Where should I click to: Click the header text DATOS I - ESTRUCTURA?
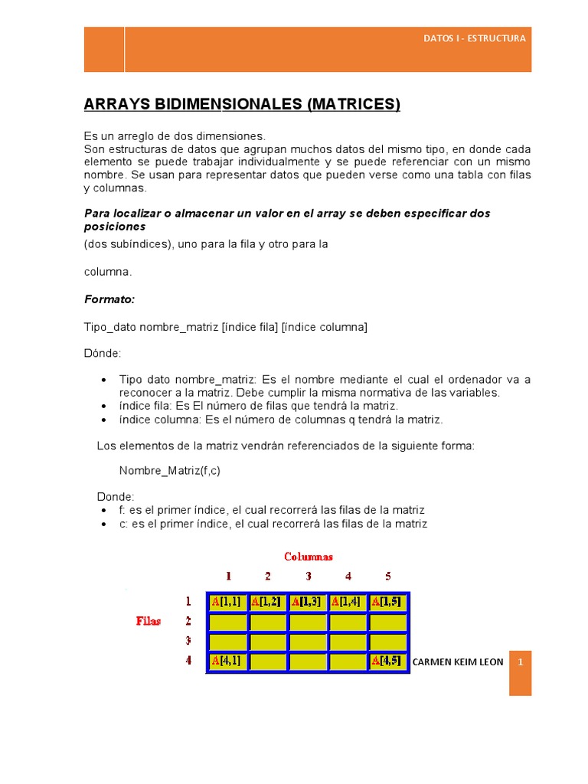pyautogui.click(x=475, y=38)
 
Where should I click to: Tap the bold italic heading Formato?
pyautogui.click(x=109, y=299)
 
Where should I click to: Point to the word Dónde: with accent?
pyautogui.click(x=102, y=354)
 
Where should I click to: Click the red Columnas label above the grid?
pyautogui.click(x=309, y=557)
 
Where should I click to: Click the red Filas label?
pyautogui.click(x=149, y=621)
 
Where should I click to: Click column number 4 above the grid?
pyautogui.click(x=348, y=577)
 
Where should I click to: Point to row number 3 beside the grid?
pyautogui.click(x=188, y=640)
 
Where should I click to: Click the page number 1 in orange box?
pyautogui.click(x=520, y=661)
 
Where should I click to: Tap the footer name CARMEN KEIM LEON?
pyautogui.click(x=458, y=661)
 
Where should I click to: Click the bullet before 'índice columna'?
pyautogui.click(x=103, y=420)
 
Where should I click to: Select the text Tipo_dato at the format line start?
pyautogui.click(x=109, y=327)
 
